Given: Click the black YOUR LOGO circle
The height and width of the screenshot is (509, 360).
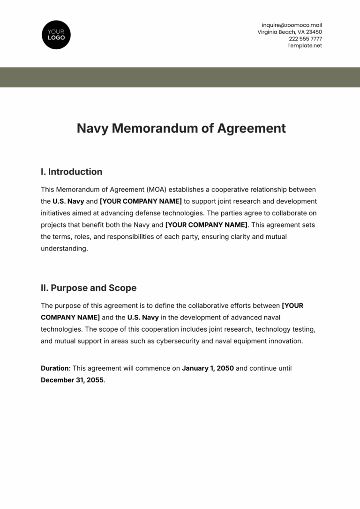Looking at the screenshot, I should click(x=56, y=35).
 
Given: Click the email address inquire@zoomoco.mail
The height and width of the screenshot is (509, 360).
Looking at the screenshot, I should click(x=292, y=25).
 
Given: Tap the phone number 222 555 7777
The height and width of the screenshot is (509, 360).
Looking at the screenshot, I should click(x=305, y=39).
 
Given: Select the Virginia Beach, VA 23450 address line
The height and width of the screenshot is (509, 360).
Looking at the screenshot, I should click(x=290, y=32).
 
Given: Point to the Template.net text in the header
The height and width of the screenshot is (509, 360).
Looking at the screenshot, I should click(x=305, y=46).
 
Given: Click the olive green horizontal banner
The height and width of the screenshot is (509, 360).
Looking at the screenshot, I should click(x=180, y=77).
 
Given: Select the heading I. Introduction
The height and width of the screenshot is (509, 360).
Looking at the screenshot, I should click(x=71, y=172).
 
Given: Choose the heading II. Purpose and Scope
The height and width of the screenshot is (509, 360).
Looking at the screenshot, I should click(x=89, y=288).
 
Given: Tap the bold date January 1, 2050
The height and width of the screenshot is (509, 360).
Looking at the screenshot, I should click(x=208, y=368).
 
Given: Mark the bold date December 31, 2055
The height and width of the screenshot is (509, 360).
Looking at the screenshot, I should click(x=73, y=380).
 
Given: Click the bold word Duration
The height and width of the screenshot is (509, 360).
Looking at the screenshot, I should click(x=54, y=368).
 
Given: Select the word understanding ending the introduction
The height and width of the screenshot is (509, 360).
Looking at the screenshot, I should click(x=64, y=249).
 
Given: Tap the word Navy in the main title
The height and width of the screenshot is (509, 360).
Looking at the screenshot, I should click(x=92, y=129).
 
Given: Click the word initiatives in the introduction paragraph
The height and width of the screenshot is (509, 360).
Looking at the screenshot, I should click(x=56, y=213).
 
